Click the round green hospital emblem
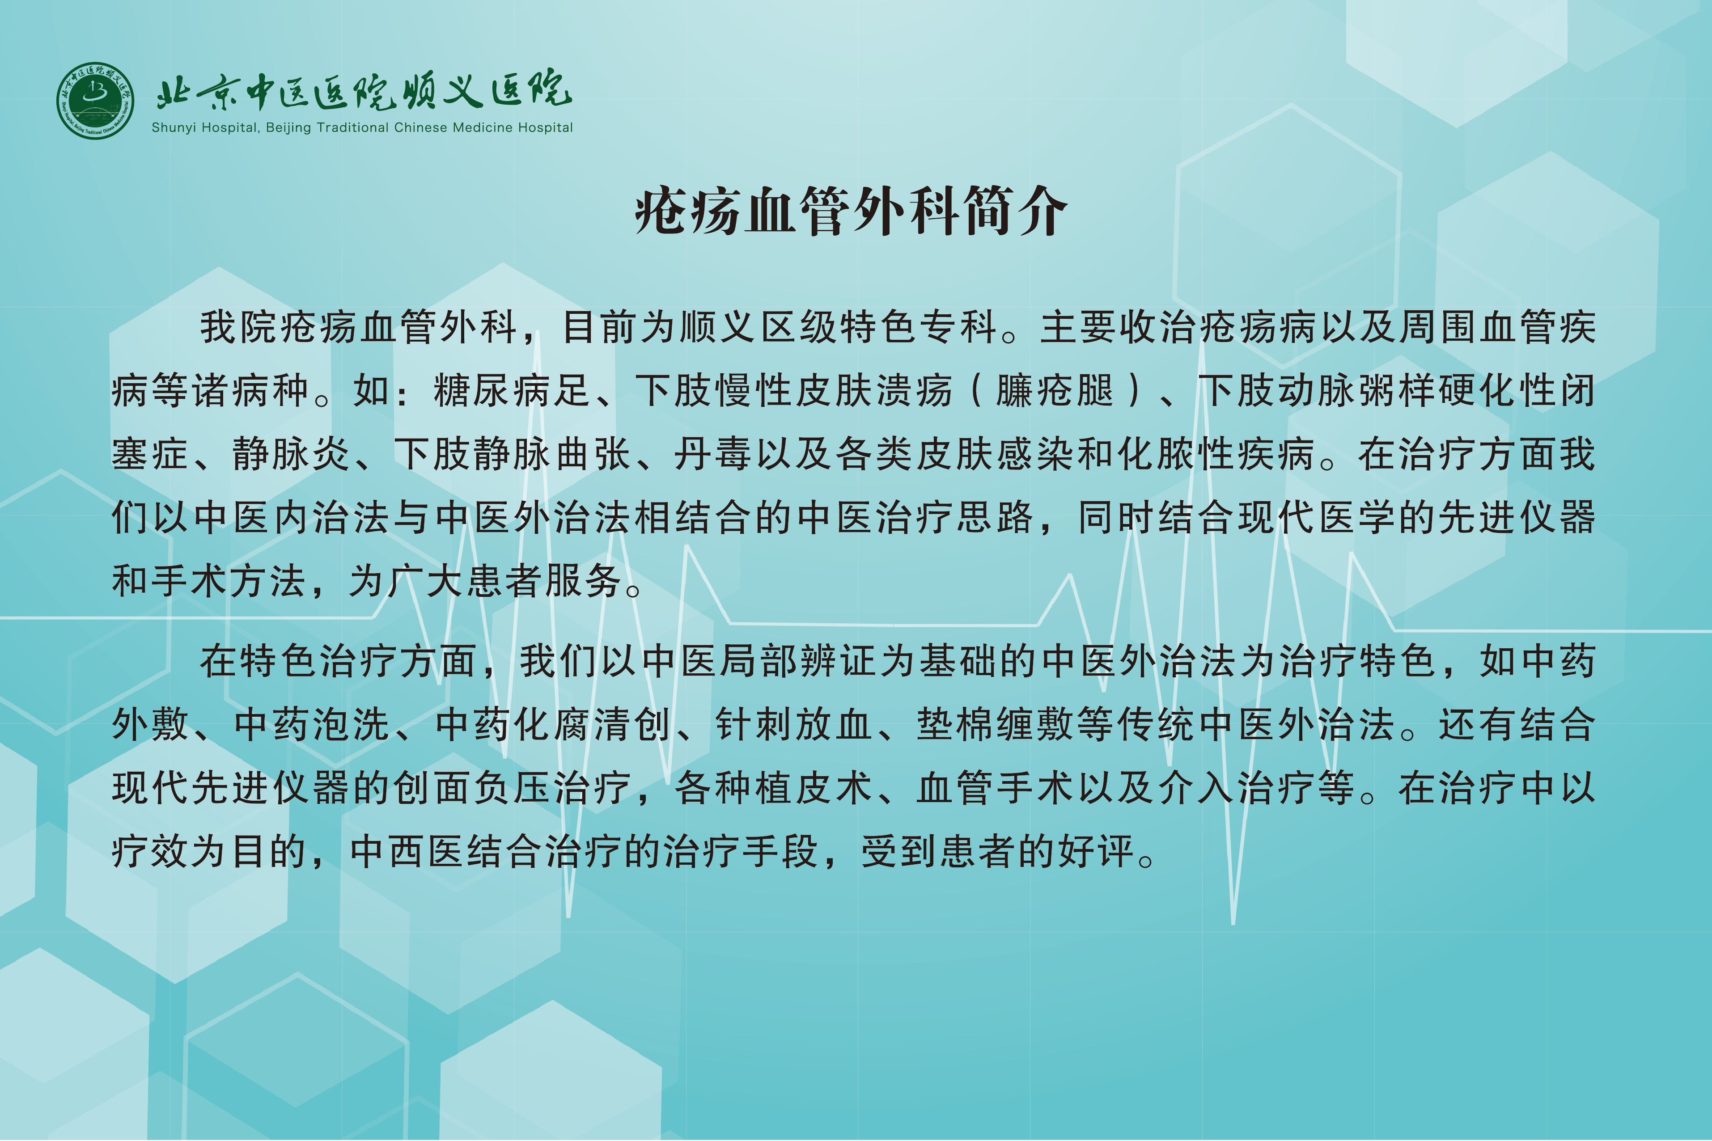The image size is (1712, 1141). tap(95, 101)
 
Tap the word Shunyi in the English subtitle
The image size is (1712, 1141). tap(174, 128)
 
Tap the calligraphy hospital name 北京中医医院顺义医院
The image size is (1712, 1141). tap(364, 91)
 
